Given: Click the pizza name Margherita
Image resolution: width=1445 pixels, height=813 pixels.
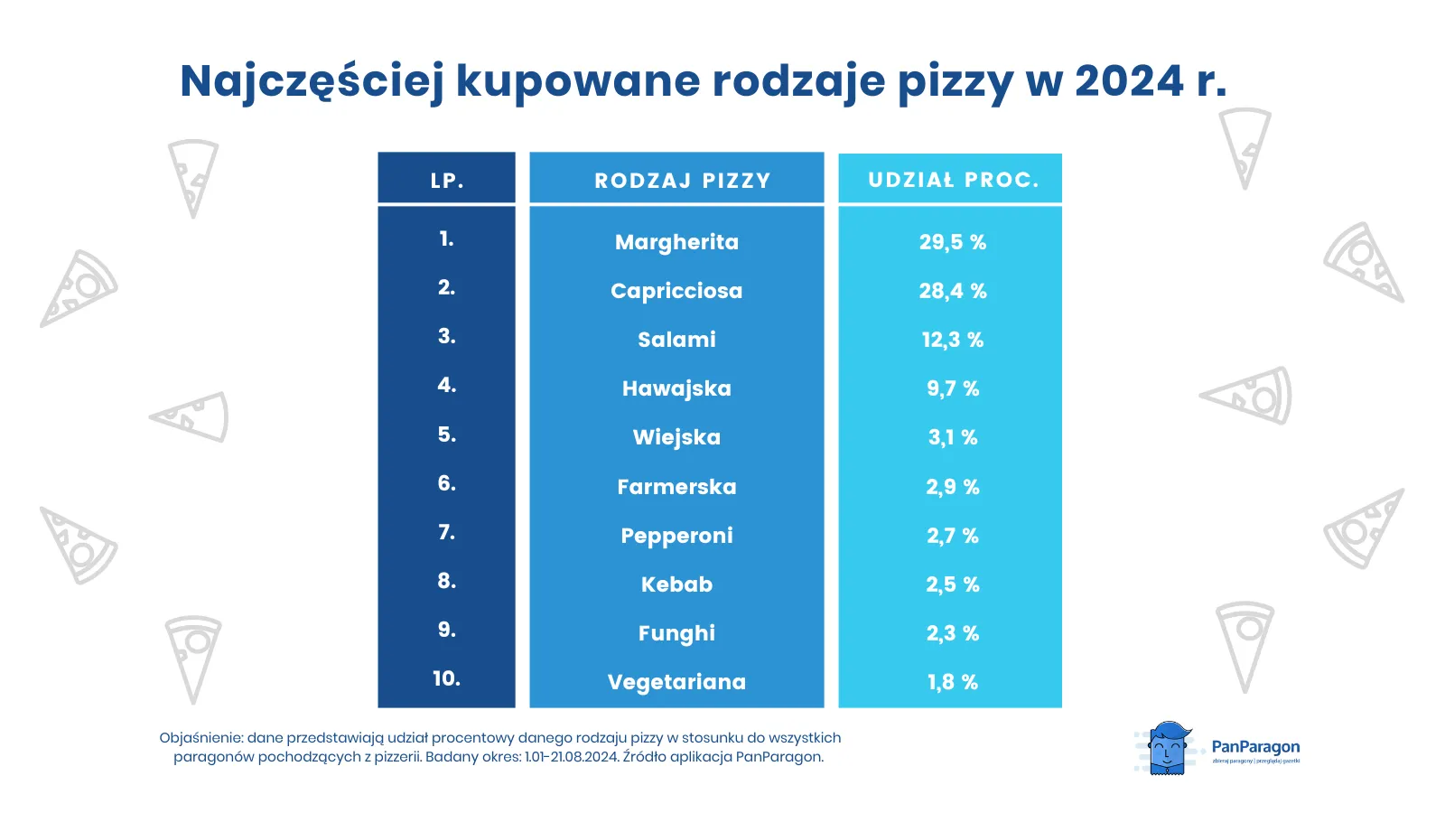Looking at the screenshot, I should click(676, 242).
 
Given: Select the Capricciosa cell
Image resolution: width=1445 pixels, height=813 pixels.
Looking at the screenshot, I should click(676, 291).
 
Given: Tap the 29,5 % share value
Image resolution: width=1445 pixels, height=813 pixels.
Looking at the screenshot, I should click(952, 242).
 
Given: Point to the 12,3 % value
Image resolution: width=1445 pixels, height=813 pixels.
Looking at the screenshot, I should click(952, 340).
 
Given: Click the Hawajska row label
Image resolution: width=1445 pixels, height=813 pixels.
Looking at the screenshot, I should click(676, 388).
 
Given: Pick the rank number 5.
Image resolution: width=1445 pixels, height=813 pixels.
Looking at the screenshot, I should click(446, 435).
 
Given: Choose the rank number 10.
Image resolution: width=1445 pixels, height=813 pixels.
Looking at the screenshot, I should click(446, 678).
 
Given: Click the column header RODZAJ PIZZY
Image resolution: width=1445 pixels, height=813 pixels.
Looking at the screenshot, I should click(682, 181).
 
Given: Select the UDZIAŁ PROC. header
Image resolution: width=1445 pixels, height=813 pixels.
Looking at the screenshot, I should click(953, 180).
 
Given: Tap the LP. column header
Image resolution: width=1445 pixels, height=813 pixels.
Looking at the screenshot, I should click(447, 181).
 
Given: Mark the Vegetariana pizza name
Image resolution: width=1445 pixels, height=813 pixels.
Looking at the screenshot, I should click(676, 682).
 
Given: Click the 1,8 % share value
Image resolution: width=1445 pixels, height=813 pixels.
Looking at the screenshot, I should click(952, 682).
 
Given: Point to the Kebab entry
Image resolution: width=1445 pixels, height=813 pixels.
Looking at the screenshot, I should click(676, 584).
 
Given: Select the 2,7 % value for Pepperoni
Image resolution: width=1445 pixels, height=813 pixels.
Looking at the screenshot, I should click(952, 536).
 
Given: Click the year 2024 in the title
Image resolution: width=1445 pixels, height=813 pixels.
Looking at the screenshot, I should click(1129, 81).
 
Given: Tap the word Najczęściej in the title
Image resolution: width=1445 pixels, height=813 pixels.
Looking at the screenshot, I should click(312, 81).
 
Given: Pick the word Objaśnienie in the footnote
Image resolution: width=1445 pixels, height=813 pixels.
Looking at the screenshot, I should click(200, 738).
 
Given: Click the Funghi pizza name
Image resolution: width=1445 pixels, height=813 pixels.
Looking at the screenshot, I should click(676, 633).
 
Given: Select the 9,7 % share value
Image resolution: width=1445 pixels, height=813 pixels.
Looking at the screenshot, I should click(952, 388).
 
